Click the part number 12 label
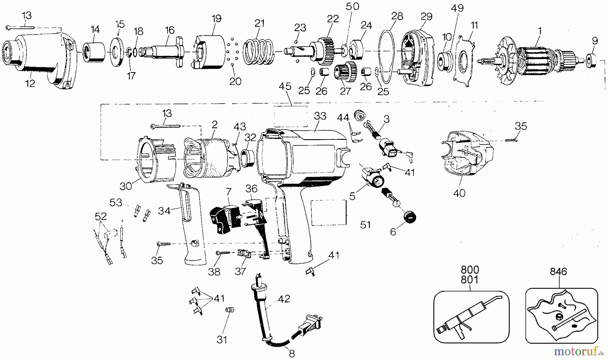pos(30,83)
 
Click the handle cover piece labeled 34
pos(191,223)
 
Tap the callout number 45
pos(285,86)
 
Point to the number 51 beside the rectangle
pos(365,225)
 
